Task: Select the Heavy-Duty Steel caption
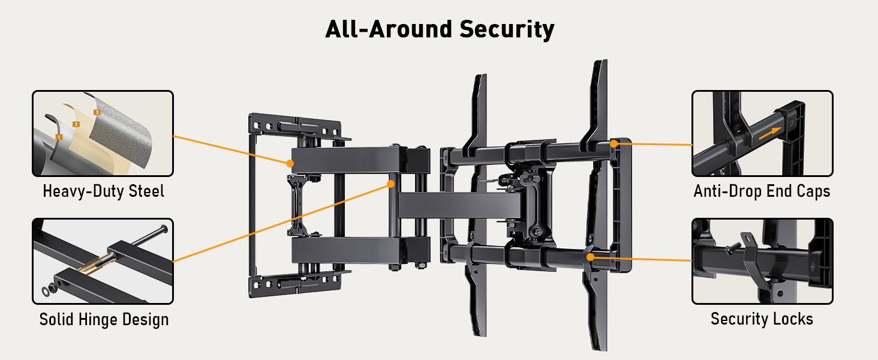tap(103, 191)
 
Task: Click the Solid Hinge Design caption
tap(104, 319)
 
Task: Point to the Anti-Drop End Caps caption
tap(762, 191)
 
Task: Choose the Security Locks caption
tap(762, 319)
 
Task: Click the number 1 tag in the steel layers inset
tap(59, 137)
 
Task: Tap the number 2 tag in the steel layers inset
tap(76, 124)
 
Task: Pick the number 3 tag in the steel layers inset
tap(97, 112)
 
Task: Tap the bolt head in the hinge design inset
tap(164, 229)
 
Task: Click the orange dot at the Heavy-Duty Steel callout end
tap(289, 163)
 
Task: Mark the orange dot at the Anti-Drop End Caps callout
tap(614, 143)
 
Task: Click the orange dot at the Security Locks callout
tap(591, 257)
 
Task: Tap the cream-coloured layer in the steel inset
tap(90, 144)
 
